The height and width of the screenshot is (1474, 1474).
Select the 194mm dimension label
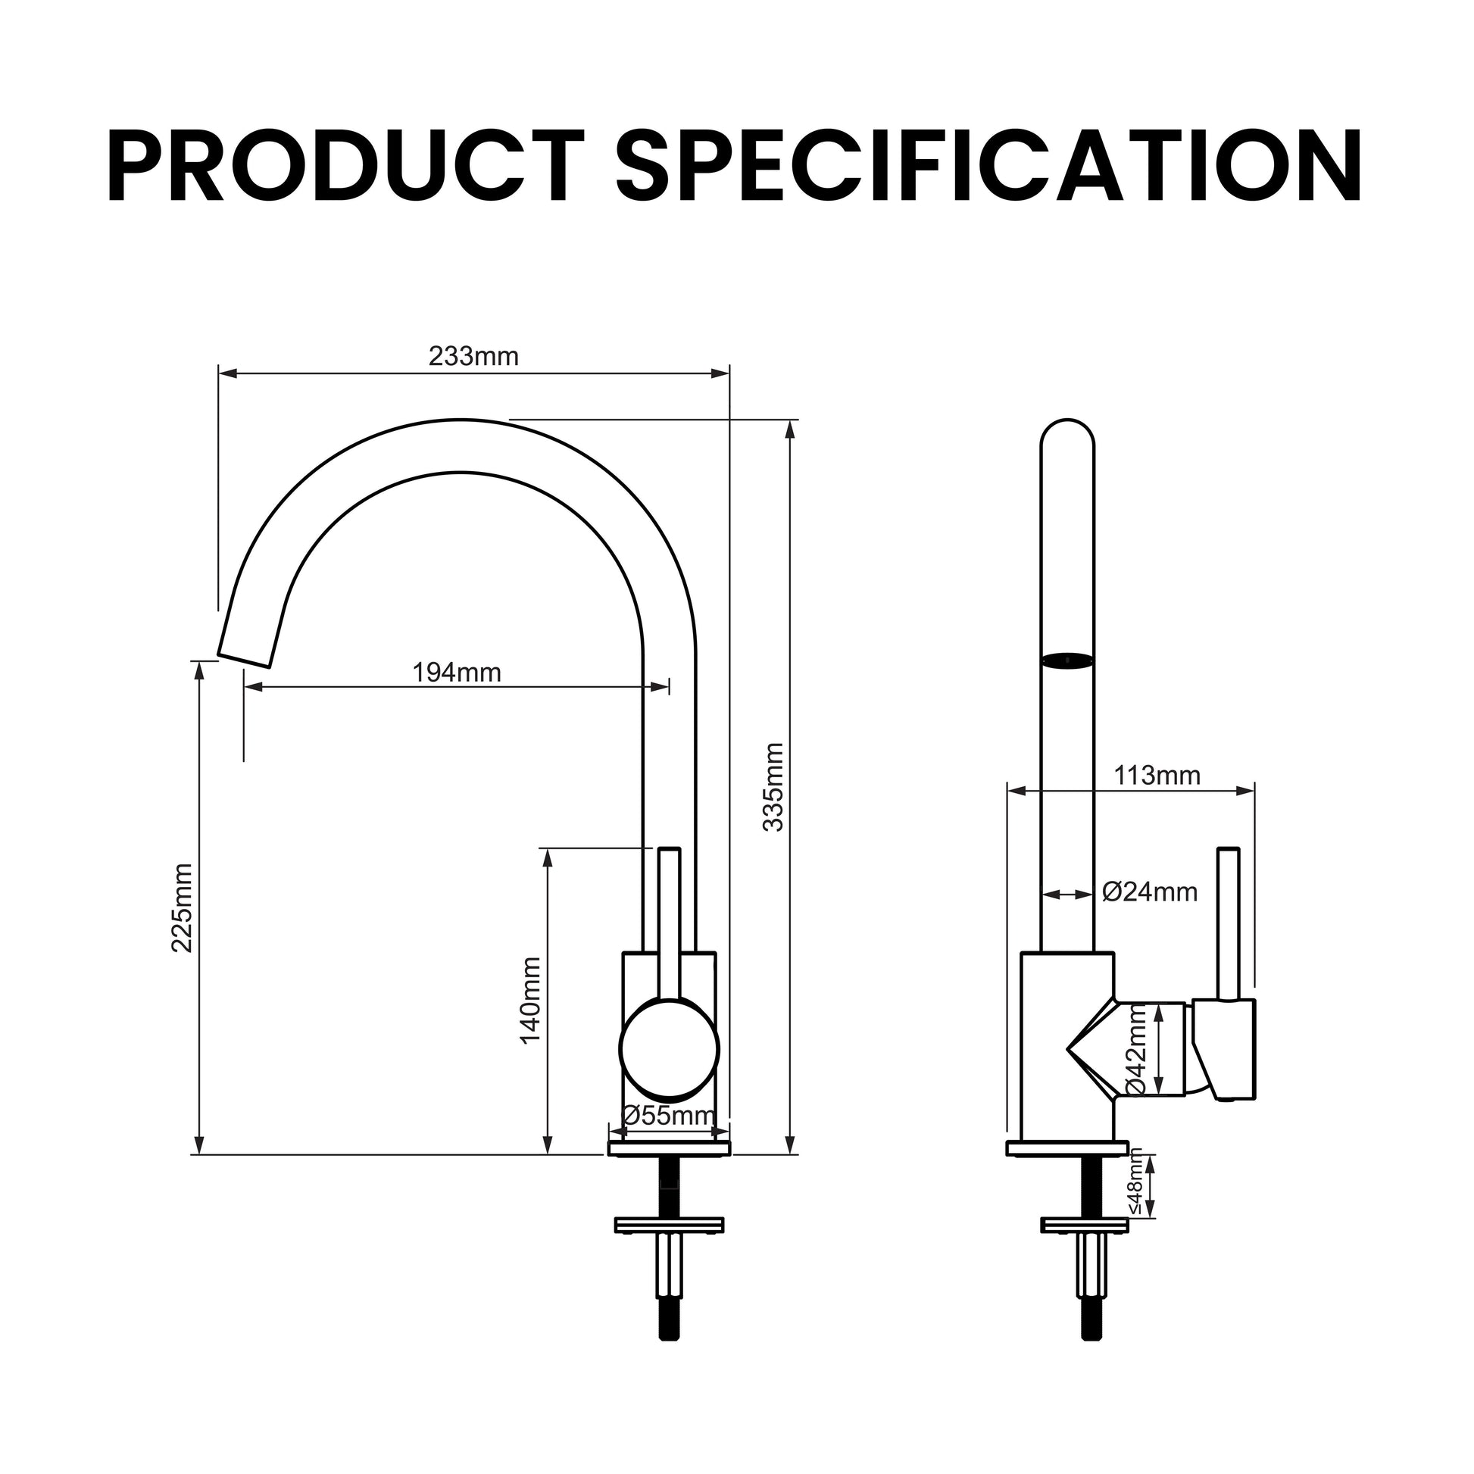tap(456, 672)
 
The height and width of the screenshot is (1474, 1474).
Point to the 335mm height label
tap(773, 786)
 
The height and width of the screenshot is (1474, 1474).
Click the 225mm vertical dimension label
tap(182, 908)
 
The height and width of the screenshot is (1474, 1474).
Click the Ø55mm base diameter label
tap(669, 1116)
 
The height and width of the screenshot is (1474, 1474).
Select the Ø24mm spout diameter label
tap(1150, 891)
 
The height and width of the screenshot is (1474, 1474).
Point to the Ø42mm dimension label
tap(1136, 1050)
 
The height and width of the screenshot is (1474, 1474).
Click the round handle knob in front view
tap(669, 1050)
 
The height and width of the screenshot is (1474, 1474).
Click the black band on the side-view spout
tap(1067, 660)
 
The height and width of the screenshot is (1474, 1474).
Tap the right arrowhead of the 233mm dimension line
tap(720, 373)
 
